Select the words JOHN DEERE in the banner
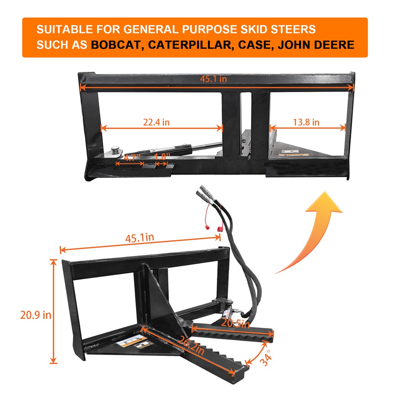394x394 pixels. point(316,45)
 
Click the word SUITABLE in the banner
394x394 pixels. point(65,30)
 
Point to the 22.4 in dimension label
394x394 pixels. point(156,122)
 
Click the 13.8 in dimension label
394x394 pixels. point(306,122)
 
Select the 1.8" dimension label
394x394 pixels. point(162,157)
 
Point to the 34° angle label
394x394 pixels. point(266,358)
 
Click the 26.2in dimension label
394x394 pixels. point(191,346)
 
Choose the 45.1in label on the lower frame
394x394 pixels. point(139,238)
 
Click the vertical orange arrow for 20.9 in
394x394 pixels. point(53,311)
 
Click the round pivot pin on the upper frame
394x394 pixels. point(116,150)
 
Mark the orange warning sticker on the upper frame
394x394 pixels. point(294,155)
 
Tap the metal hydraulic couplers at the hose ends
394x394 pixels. point(206,194)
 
